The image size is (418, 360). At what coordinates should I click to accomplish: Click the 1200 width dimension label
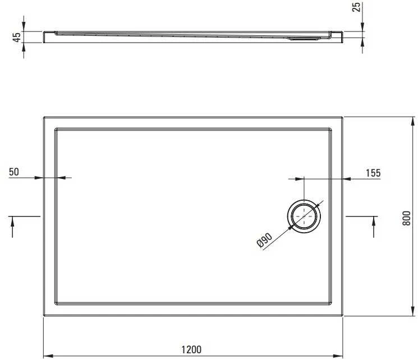[x=191, y=349]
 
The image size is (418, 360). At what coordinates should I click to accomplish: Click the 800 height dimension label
[x=406, y=218]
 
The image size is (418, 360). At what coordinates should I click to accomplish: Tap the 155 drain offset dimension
[x=373, y=173]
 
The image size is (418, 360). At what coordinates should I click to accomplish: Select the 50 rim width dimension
[x=14, y=172]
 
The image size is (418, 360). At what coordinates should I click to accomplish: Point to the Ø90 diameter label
[x=264, y=241]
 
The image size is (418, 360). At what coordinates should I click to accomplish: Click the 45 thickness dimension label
[x=17, y=37]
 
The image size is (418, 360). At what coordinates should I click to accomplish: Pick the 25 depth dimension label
[x=356, y=7]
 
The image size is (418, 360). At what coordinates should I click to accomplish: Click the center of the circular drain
[x=304, y=216]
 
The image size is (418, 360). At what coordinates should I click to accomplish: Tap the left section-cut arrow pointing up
[x=12, y=227]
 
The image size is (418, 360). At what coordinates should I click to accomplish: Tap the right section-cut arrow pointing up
[x=374, y=227]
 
